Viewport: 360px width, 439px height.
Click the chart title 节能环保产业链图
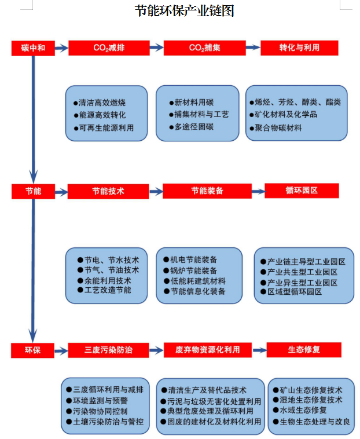[x=184, y=11]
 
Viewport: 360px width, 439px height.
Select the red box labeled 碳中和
[x=33, y=48]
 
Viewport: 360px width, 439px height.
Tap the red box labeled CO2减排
[x=109, y=48]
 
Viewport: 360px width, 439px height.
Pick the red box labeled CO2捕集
[x=204, y=48]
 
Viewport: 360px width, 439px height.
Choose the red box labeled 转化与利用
[x=299, y=48]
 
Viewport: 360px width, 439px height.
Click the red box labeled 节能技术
[x=108, y=192]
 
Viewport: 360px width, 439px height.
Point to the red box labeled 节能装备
[x=207, y=191]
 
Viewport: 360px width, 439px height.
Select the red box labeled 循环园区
[x=302, y=191]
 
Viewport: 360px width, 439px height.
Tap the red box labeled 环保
[x=32, y=350]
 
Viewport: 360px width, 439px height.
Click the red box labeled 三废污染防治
[x=108, y=350]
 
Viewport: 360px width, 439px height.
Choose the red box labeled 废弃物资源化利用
[x=208, y=350]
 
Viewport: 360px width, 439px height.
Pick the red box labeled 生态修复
[x=304, y=350]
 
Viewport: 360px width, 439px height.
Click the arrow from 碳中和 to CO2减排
[x=61, y=48]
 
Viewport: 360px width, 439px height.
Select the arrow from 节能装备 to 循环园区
[x=258, y=192]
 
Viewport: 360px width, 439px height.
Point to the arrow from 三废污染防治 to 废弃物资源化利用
[x=156, y=350]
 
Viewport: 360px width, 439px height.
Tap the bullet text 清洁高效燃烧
[x=102, y=103]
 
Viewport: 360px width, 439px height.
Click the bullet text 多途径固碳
[x=194, y=127]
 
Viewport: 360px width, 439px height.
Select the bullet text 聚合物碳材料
[x=278, y=128]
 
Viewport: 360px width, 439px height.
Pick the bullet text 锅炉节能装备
[x=193, y=270]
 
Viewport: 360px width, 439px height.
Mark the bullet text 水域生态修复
[x=303, y=411]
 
